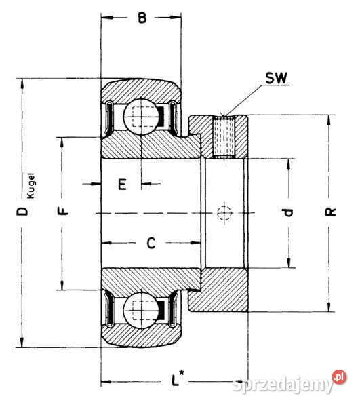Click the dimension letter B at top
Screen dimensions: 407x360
[142, 19]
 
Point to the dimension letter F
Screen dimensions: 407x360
[63, 212]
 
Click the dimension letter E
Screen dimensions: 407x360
[122, 184]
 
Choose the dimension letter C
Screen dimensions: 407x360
[152, 242]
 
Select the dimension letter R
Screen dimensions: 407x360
[331, 213]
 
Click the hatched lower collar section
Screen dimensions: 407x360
[224, 288]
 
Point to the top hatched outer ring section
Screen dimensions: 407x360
[142, 88]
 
